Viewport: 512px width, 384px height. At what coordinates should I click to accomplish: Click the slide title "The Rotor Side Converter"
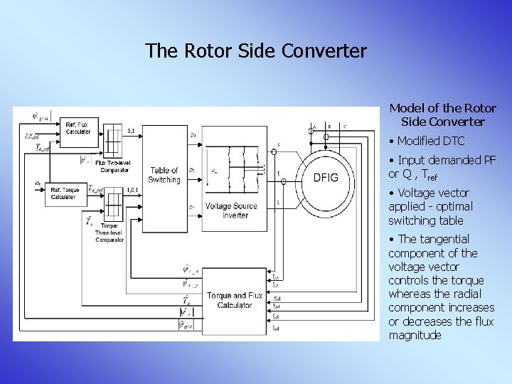click(256, 51)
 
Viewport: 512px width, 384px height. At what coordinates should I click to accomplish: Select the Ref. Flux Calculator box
click(78, 128)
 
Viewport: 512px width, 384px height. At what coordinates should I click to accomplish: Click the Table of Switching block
click(164, 175)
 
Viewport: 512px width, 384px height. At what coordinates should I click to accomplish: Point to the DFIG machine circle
click(326, 177)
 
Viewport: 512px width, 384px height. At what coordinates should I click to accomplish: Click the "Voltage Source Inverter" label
click(226, 210)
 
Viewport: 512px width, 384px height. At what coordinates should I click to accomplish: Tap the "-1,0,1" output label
click(132, 191)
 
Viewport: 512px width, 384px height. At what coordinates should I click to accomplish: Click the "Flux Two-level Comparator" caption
click(116, 166)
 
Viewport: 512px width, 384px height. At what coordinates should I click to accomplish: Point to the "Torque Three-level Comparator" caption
click(110, 233)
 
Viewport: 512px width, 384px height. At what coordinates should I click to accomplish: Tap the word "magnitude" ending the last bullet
click(415, 335)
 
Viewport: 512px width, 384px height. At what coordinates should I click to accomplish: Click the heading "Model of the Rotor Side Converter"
click(442, 115)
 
